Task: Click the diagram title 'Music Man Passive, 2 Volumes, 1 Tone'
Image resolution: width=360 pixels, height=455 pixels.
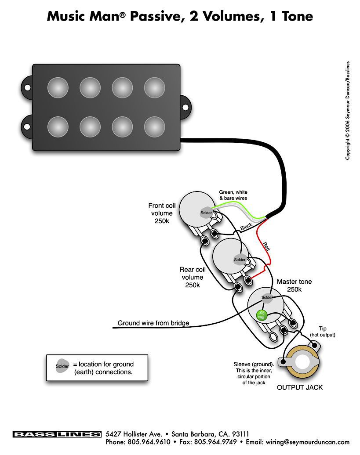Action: (x=180, y=17)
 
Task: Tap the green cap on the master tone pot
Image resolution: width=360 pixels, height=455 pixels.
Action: (x=261, y=315)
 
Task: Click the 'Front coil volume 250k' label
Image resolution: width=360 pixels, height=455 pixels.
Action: (x=162, y=213)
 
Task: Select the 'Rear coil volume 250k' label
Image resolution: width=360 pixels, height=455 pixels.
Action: (x=193, y=277)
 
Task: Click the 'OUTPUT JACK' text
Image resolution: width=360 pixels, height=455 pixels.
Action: (x=299, y=387)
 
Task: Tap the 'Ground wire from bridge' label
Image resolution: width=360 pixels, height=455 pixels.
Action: (x=153, y=323)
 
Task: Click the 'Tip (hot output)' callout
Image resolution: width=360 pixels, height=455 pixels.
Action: (x=323, y=332)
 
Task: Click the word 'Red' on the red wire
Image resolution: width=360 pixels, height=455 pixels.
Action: (x=266, y=246)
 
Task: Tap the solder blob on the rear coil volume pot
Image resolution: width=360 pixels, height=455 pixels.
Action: (x=240, y=260)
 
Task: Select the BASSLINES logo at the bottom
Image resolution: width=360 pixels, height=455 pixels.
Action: (x=57, y=434)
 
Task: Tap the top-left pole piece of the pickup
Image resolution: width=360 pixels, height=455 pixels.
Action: (x=58, y=87)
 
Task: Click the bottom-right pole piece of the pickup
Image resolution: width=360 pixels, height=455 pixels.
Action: (x=154, y=126)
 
